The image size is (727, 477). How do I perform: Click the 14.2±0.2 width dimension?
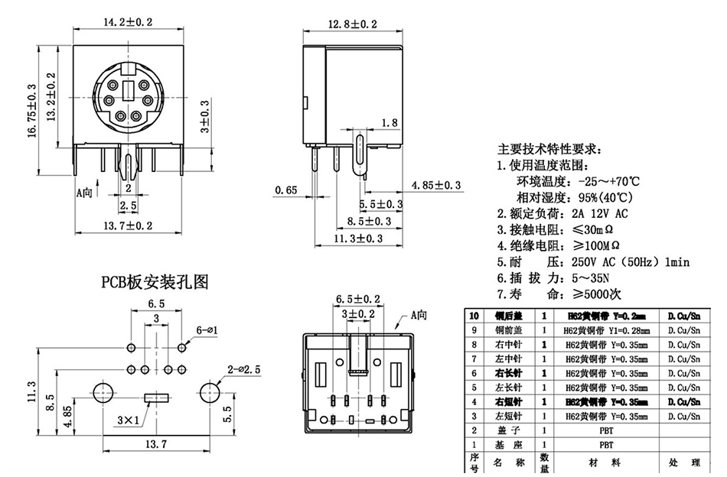pyautogui.click(x=128, y=22)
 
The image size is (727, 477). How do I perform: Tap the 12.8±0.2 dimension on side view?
pyautogui.click(x=352, y=24)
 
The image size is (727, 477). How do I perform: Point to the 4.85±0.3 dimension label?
pyautogui.click(x=436, y=185)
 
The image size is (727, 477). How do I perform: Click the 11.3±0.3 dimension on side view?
pyautogui.click(x=359, y=238)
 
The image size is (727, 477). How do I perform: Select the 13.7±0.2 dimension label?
pyautogui.click(x=128, y=225)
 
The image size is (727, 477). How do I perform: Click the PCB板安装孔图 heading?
pyautogui.click(x=155, y=282)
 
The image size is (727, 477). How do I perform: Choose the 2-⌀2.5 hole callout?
pyautogui.click(x=244, y=370)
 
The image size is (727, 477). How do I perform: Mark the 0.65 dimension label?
pyautogui.click(x=285, y=190)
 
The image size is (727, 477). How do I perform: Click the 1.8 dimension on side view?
pyautogui.click(x=389, y=122)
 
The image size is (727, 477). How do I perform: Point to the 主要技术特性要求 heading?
pyautogui.click(x=549, y=148)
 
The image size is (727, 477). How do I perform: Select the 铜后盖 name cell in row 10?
pyautogui.click(x=510, y=316)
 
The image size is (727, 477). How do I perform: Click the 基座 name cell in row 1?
pyautogui.click(x=510, y=443)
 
